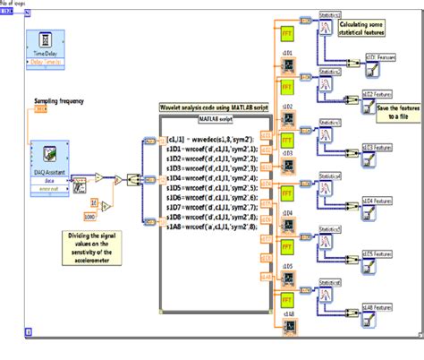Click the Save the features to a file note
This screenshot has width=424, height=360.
(x=389, y=110)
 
